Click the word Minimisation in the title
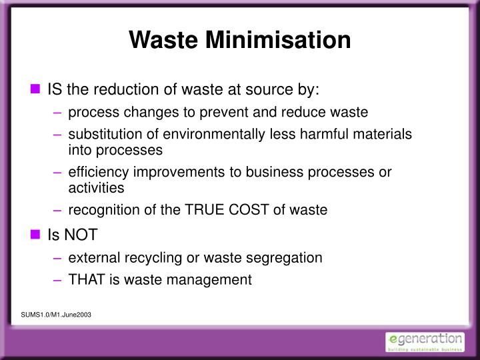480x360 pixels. (x=281, y=39)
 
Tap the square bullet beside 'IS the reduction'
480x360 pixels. (x=36, y=89)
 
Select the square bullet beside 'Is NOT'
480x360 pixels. (x=36, y=235)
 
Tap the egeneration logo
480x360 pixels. (x=425, y=341)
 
